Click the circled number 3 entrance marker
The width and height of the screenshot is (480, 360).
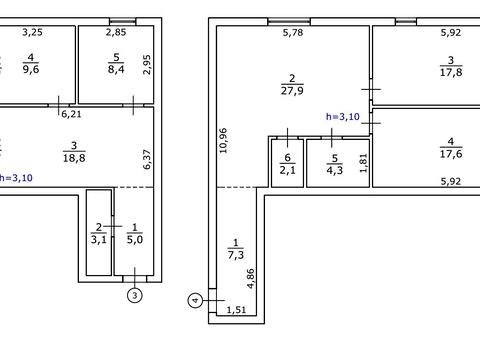135,295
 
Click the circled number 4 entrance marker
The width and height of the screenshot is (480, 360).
195,301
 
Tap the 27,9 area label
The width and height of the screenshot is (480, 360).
292,91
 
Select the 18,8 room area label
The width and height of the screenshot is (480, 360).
74,158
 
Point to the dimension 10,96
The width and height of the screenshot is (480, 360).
223,140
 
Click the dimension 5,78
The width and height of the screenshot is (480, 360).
293,33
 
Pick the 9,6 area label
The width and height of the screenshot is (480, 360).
31,69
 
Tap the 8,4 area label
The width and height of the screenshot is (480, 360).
116,69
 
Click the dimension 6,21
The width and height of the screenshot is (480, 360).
71,114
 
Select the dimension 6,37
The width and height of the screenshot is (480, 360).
147,159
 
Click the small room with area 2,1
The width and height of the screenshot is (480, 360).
287,163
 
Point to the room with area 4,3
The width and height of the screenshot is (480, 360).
338,163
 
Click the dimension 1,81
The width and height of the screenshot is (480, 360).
364,163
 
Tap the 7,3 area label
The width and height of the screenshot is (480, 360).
236,255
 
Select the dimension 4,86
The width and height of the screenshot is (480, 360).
251,278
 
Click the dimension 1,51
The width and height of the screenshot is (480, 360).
236,310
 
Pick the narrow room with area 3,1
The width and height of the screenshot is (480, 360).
99,233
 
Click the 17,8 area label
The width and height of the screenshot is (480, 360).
451,72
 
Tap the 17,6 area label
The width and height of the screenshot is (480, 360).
451,154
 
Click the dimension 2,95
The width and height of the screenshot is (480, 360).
147,64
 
